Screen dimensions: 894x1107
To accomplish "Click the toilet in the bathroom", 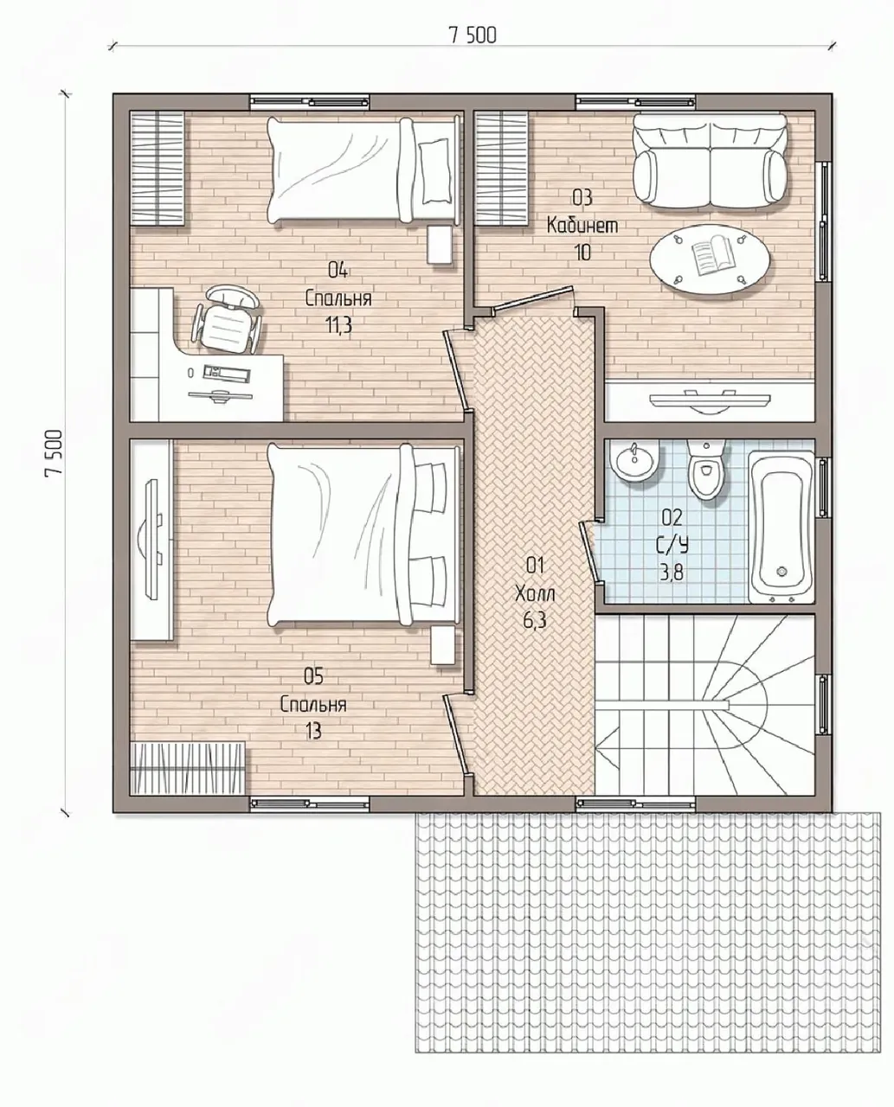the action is pyautogui.click(x=705, y=469).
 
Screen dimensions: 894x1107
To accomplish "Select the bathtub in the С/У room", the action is pyautogui.click(x=781, y=527).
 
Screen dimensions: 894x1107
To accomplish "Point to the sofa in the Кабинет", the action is pyautogui.click(x=710, y=161).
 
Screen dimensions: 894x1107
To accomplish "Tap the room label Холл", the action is pyautogui.click(x=535, y=593).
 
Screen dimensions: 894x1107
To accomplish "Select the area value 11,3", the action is pyautogui.click(x=338, y=326).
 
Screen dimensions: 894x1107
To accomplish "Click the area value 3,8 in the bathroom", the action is pyautogui.click(x=672, y=573).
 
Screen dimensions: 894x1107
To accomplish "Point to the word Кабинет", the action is pyautogui.click(x=582, y=226).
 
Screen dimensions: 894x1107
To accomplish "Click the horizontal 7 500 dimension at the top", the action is pyautogui.click(x=473, y=35).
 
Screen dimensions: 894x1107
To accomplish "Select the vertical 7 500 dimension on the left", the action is pyautogui.click(x=54, y=452).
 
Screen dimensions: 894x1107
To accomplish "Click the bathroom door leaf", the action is pyautogui.click(x=588, y=549).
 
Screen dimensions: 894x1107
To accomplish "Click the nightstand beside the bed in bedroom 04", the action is pyautogui.click(x=440, y=245).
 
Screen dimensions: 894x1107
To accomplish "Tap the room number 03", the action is pyautogui.click(x=582, y=198).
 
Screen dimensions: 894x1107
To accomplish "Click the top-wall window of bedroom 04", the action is pyautogui.click(x=310, y=102).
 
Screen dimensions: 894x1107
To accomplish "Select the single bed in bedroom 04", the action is pyautogui.click(x=363, y=170).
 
